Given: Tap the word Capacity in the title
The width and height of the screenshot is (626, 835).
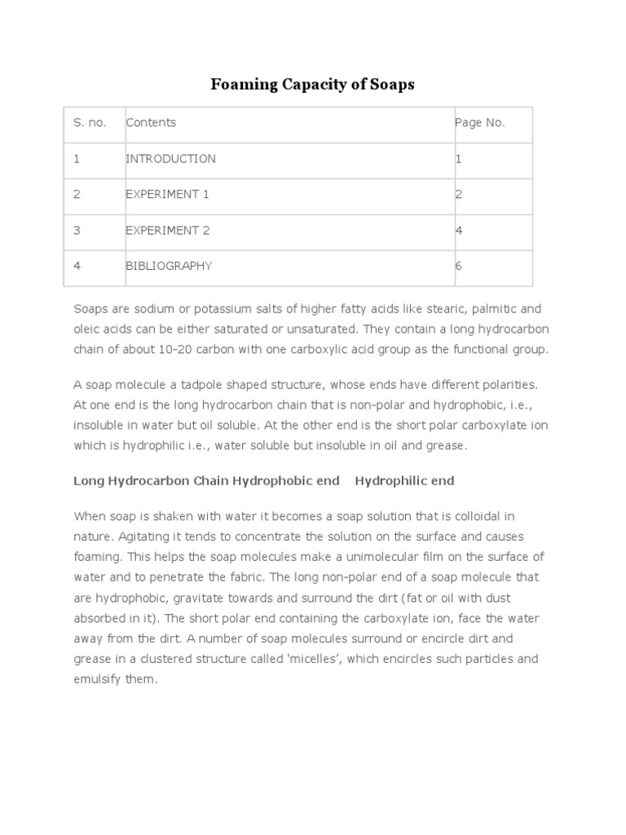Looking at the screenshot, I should [x=306, y=84].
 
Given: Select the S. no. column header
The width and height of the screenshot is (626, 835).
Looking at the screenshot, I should [x=90, y=123].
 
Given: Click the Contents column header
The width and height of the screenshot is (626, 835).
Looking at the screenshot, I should [x=151, y=123].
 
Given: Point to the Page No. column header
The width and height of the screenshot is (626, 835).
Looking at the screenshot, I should [x=480, y=123].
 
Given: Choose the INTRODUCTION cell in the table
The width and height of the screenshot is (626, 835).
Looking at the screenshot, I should [x=170, y=159].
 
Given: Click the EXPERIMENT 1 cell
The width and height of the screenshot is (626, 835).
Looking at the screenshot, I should [x=167, y=195].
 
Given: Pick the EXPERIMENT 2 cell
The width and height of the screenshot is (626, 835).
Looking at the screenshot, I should [x=167, y=231].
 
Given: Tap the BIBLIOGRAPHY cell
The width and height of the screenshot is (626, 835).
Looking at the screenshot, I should [x=169, y=267].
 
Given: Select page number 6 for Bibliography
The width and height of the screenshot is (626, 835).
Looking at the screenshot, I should [x=459, y=267].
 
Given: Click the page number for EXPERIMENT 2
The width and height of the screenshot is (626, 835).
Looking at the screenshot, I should [x=459, y=231].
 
